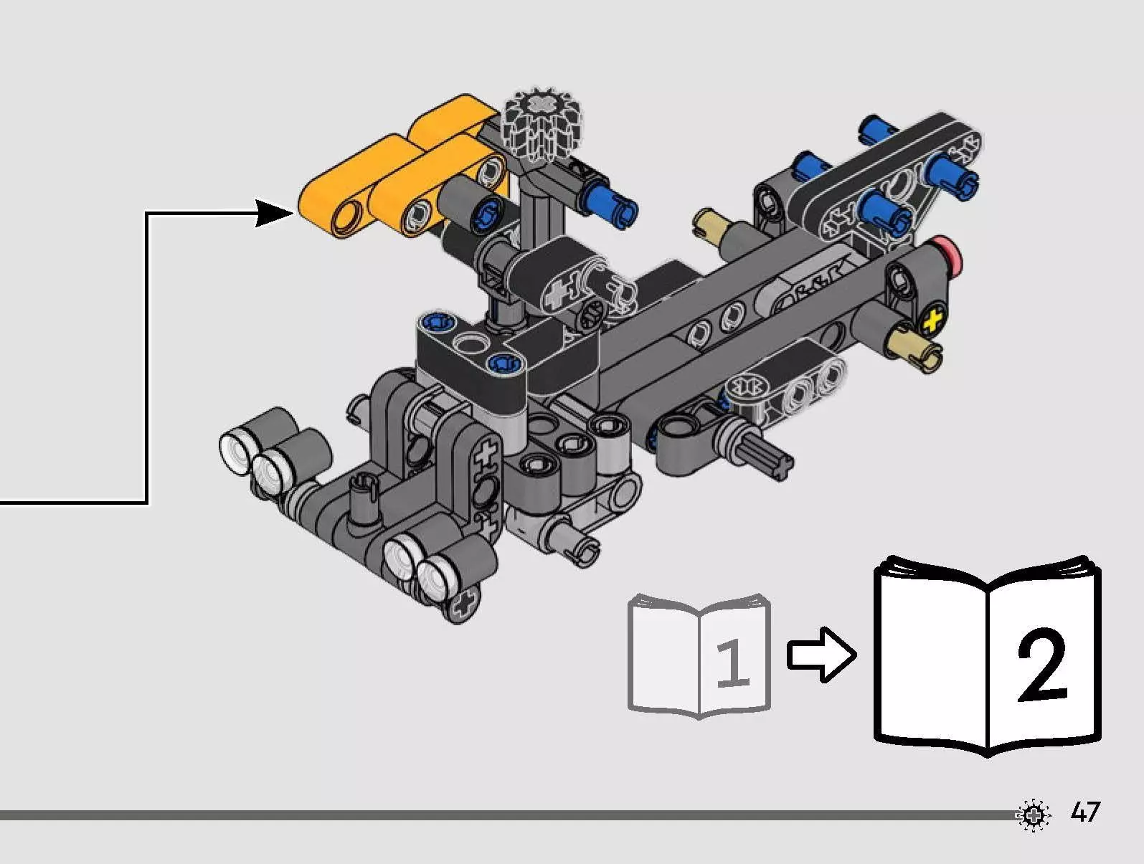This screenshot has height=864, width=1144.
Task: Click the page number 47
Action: pyautogui.click(x=1085, y=812)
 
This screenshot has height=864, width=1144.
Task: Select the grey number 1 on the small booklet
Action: pyautogui.click(x=732, y=663)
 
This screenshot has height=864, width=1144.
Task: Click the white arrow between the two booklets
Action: pyautogui.click(x=821, y=654)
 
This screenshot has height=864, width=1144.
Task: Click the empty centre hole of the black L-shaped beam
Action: pyautogui.click(x=468, y=343)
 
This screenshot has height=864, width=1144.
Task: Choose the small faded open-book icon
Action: pyautogui.click(x=699, y=655)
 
